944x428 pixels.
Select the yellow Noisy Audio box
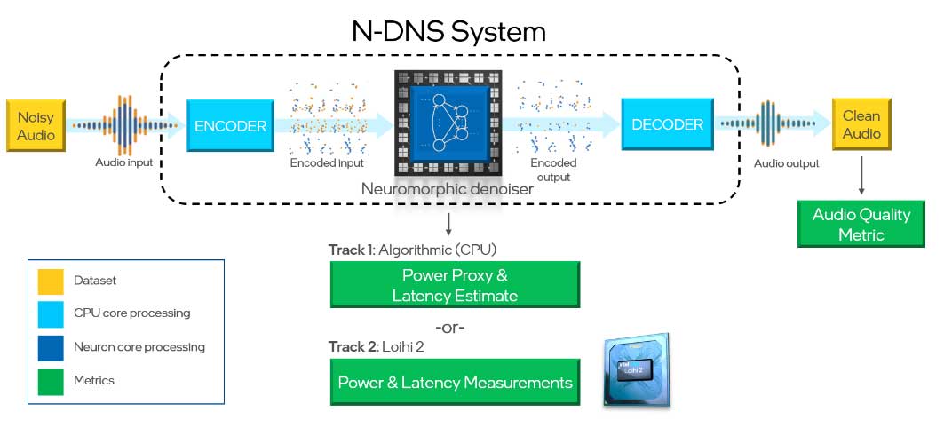tap(36, 125)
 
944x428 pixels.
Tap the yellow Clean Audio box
tap(861, 124)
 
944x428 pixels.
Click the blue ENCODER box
tap(230, 126)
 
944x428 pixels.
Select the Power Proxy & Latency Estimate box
tap(455, 284)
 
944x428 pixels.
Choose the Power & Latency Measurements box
tap(455, 383)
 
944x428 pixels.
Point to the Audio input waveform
tap(123, 126)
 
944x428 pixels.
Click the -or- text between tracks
tap(450, 327)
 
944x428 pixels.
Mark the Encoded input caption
tap(325, 164)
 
